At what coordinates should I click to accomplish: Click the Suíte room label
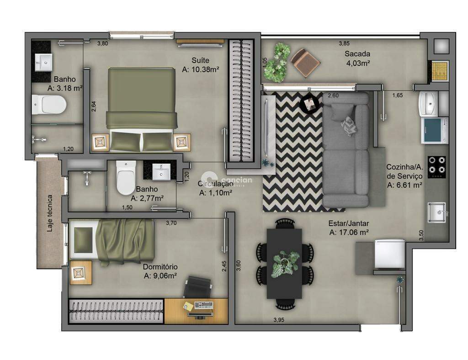(200, 61)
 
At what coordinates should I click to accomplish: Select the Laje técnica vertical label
(50, 213)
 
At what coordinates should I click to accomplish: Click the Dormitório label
(160, 267)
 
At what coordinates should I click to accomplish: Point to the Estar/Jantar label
(349, 223)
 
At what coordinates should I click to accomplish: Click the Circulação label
(215, 184)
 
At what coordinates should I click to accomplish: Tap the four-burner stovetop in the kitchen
(437, 167)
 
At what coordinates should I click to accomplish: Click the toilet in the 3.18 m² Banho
(49, 105)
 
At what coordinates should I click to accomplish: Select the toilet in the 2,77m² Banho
(126, 178)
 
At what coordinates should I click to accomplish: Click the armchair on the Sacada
(305, 63)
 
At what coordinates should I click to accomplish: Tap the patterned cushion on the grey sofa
(349, 126)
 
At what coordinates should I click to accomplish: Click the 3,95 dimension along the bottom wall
(279, 320)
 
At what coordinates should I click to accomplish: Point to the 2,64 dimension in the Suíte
(94, 106)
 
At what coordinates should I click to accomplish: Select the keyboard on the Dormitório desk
(204, 305)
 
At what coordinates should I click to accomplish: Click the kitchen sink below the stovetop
(437, 212)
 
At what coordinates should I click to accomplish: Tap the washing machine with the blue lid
(434, 131)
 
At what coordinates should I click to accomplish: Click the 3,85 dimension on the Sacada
(344, 43)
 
